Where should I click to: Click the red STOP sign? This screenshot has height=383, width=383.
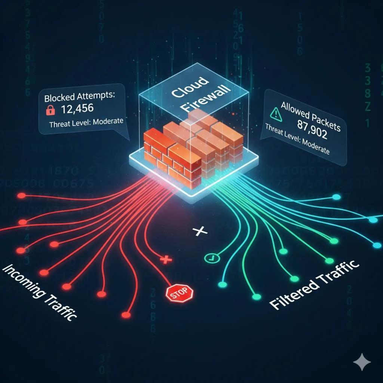click(x=179, y=292)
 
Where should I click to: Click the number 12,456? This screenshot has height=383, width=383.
click(x=76, y=110)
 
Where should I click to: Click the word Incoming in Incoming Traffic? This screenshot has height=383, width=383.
click(x=26, y=283)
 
